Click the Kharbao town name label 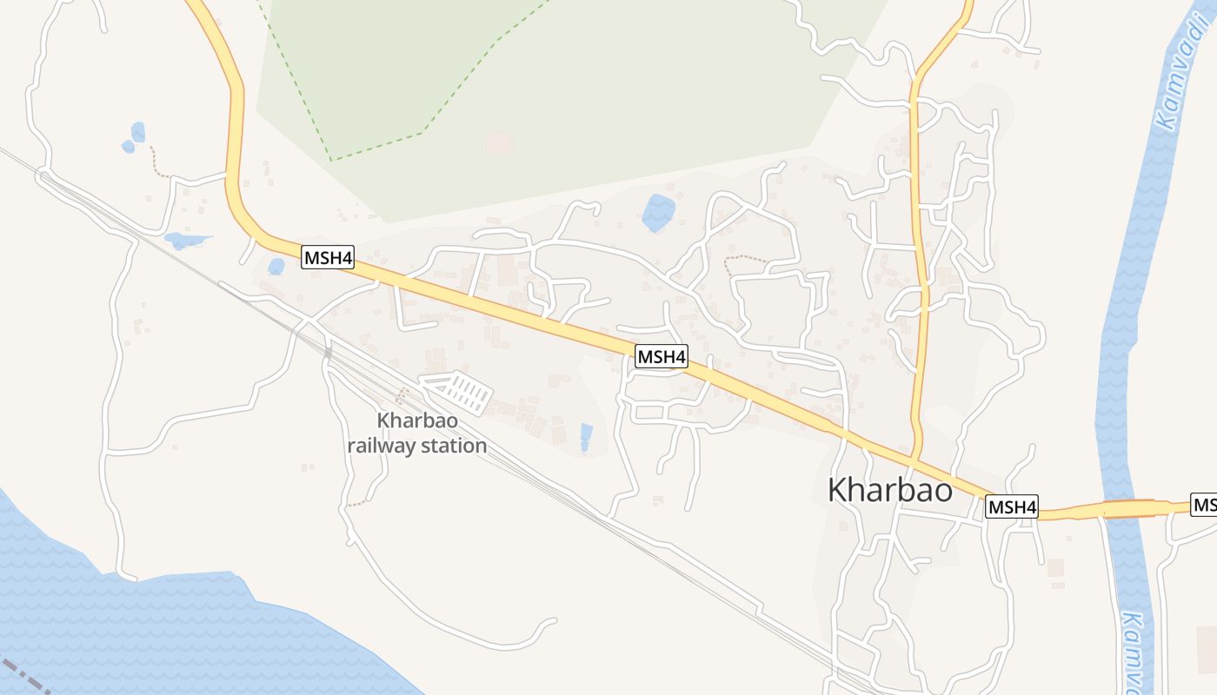889,490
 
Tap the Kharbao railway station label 417,434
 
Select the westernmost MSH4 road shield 328,257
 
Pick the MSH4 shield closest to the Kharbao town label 1012,506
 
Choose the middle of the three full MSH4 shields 662,356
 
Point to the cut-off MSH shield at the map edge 1205,505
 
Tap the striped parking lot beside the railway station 458,392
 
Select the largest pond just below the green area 658,213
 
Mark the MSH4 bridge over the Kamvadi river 1127,508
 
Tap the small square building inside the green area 499,143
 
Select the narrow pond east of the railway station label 586,436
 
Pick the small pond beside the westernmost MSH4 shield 276,267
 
